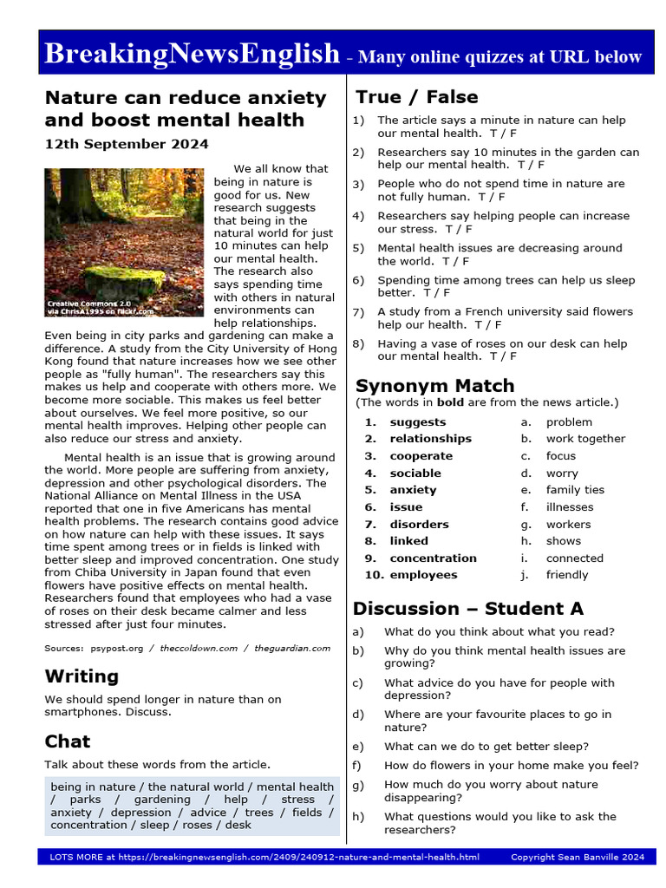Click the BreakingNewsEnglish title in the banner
tap(192, 54)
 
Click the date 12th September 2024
tap(127, 144)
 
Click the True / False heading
tap(416, 96)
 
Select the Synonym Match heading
tap(434, 385)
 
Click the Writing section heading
tap(82, 675)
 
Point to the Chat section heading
tap(68, 741)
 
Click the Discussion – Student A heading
tap(467, 607)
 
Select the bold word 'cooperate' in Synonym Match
tap(421, 456)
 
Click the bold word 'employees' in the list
tap(423, 575)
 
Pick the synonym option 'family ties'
tap(575, 490)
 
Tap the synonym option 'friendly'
tap(566, 575)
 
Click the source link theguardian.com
tap(292, 648)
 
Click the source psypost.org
tap(115, 648)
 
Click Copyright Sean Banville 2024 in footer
tap(578, 858)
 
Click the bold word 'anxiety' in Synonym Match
tap(413, 490)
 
